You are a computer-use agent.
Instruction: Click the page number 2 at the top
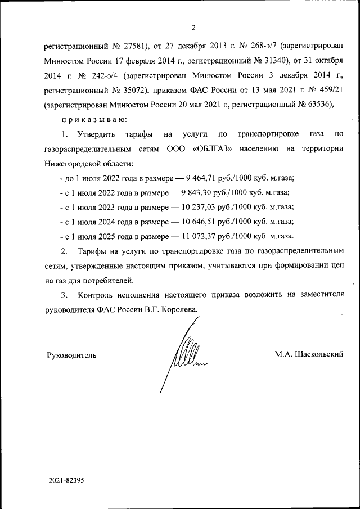pos(193,28)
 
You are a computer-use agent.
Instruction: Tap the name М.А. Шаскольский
pos(309,354)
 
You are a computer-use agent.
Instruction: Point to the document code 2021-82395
pos(66,481)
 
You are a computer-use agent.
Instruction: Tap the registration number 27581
pos(134,44)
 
